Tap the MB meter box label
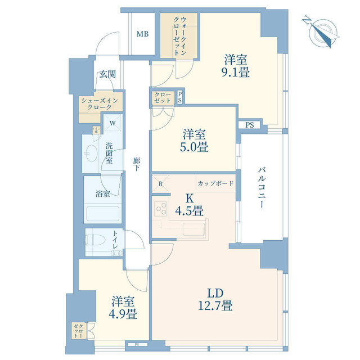(143, 34)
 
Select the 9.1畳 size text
(236, 72)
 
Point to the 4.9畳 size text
(123, 313)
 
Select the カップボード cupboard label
(215, 183)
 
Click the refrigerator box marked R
(161, 183)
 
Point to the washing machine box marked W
(113, 123)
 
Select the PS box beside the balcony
(249, 125)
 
